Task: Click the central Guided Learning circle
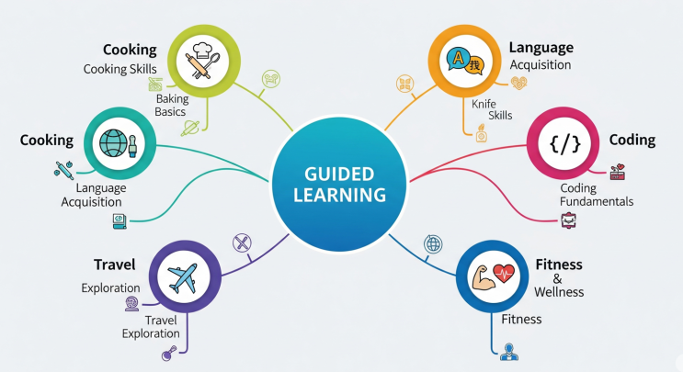[339, 184]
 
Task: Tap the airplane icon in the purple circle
[183, 278]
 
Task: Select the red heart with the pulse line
[504, 273]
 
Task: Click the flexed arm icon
[484, 278]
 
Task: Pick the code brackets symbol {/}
[565, 143]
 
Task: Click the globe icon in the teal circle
[113, 143]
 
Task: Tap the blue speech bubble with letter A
[459, 59]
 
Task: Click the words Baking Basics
[172, 106]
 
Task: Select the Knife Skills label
[492, 109]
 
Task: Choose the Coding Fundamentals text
[597, 195]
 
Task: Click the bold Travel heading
[115, 265]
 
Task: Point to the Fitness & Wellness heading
[559, 277]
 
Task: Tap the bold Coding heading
[632, 141]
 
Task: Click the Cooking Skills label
[120, 69]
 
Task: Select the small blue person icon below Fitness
[508, 352]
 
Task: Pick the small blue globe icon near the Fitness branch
[433, 244]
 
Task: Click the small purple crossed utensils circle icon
[242, 242]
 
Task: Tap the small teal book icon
[120, 221]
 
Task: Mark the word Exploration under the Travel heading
[110, 288]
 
